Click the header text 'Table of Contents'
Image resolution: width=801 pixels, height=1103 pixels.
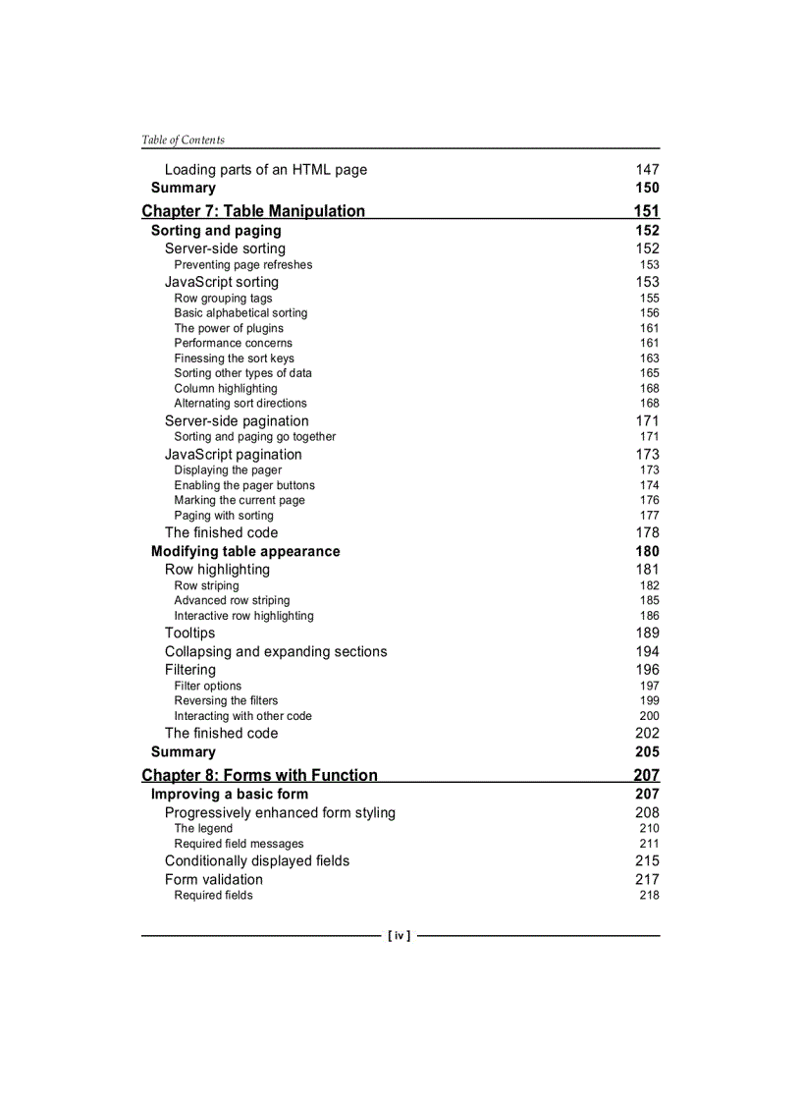183,139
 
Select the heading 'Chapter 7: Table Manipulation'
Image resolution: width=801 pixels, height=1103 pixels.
253,211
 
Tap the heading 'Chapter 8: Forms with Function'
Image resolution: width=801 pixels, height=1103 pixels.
259,775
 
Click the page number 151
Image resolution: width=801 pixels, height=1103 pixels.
646,211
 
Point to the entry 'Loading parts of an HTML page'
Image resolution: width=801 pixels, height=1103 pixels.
265,170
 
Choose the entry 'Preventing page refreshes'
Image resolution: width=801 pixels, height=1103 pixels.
243,264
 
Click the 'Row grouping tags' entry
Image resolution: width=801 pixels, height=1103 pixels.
223,299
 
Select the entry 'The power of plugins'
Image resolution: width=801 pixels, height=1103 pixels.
229,328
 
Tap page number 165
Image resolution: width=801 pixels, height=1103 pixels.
649,373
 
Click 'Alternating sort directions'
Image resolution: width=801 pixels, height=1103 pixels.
240,403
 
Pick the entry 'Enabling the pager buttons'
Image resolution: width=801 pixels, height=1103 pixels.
244,485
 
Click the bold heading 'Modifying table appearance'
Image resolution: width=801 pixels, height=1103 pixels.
245,551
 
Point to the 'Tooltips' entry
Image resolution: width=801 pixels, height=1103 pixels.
189,634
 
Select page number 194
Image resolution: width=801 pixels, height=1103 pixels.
647,651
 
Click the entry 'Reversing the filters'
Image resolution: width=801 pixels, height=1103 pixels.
226,700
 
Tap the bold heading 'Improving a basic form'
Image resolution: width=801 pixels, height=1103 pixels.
229,794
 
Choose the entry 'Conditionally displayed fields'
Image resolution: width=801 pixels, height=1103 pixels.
257,861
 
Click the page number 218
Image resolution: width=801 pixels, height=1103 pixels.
649,895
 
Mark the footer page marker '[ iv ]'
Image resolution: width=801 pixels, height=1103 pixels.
400,936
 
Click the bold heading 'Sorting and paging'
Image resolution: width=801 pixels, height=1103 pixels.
216,231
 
